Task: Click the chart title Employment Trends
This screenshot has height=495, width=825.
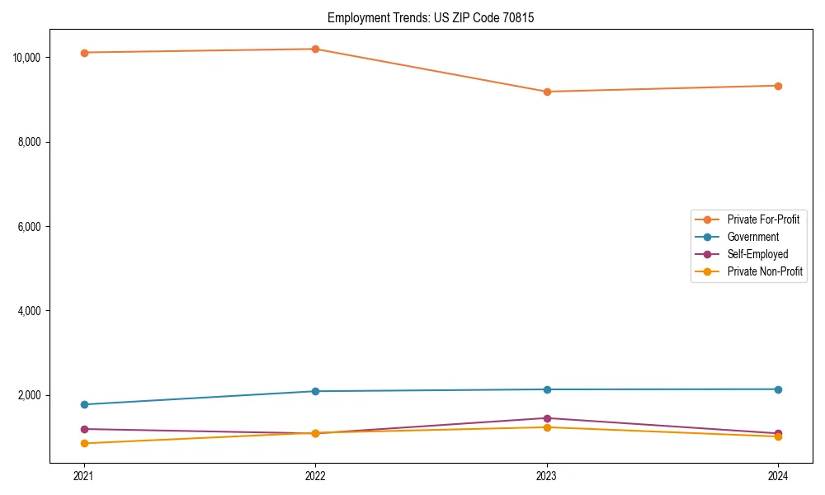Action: click(x=430, y=17)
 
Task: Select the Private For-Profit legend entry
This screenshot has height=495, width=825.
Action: click(x=762, y=219)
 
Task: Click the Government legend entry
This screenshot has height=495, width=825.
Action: click(x=752, y=237)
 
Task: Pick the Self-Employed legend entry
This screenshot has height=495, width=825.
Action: click(x=757, y=254)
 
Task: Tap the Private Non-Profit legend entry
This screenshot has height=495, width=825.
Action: click(x=765, y=271)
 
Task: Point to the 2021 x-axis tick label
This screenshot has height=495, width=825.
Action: click(x=83, y=475)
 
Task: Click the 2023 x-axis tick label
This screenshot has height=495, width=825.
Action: click(x=547, y=475)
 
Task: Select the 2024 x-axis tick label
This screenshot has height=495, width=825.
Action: click(x=778, y=475)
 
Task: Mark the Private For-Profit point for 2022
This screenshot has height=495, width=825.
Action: click(x=315, y=49)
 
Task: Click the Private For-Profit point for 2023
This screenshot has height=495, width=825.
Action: click(x=547, y=92)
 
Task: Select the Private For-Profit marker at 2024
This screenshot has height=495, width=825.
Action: click(x=778, y=86)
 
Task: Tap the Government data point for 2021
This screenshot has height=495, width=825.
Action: click(x=83, y=404)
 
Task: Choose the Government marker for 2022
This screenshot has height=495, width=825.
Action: click(x=315, y=391)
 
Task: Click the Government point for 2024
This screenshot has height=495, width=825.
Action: click(x=778, y=389)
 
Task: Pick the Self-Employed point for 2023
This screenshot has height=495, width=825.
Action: click(x=547, y=418)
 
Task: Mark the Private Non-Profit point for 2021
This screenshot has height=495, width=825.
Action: click(x=83, y=444)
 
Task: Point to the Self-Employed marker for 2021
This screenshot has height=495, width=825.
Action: click(x=83, y=429)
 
